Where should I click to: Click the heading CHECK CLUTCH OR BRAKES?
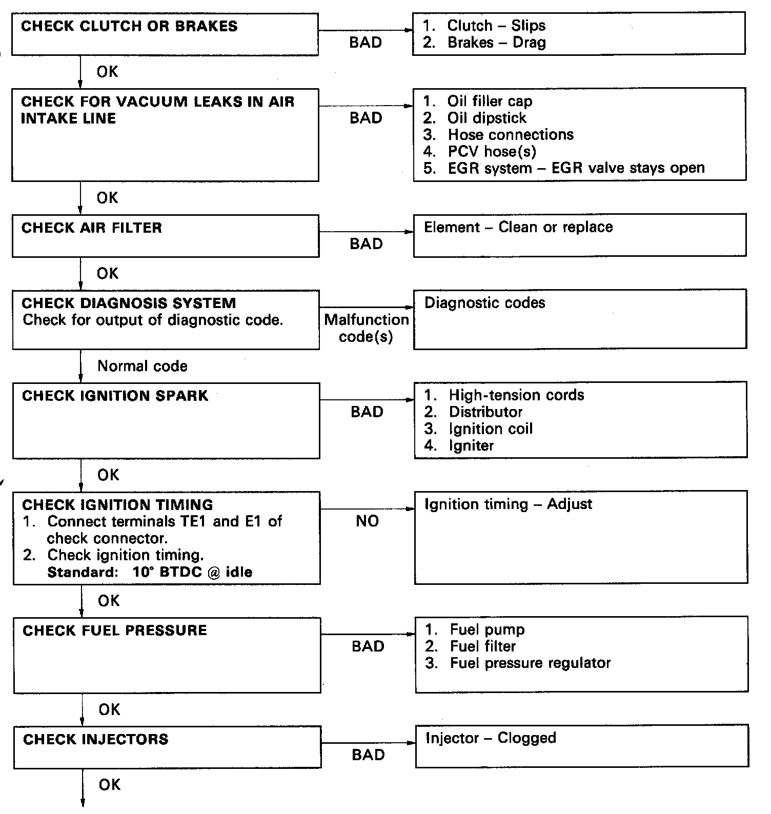coord(129,26)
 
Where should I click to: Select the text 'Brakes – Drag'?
coord(496,43)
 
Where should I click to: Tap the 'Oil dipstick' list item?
coord(486,118)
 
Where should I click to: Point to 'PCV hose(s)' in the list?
coord(492,151)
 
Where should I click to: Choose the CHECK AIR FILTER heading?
coord(92,228)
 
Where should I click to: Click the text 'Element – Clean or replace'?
coord(518,227)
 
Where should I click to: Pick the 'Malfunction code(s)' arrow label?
coord(366,328)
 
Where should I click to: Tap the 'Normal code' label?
coord(142,366)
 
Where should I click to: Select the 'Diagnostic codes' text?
coord(484,302)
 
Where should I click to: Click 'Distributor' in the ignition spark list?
coord(485,412)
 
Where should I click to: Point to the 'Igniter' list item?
coord(471,445)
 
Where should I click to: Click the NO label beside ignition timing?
coord(367,521)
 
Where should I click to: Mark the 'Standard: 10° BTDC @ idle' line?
coord(150,572)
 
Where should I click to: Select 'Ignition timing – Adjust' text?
coord(508,504)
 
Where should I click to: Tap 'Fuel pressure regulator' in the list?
coord(530,663)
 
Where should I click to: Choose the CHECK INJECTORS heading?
coord(96,739)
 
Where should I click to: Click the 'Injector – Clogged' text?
coord(491,738)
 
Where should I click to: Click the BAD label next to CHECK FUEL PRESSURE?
coord(368,646)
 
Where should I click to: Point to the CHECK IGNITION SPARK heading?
coord(115,396)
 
